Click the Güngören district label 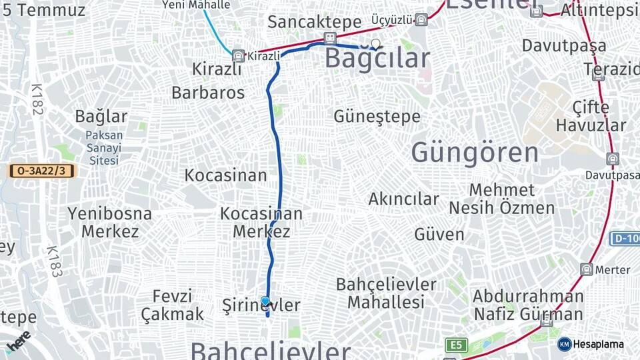pos(475,153)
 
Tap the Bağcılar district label pos(377,59)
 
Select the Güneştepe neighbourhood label pos(377,117)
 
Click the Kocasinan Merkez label pos(261,223)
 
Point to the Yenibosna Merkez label pos(110,223)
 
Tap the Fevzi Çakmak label pos(172,305)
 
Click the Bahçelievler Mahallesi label pos(386,293)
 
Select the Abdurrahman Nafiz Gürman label pos(528,305)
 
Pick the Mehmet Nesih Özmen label pos(501,199)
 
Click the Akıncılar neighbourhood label pos(404,199)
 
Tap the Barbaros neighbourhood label pos(208,93)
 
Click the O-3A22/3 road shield pos(41,171)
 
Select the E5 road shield pos(456,345)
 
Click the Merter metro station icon pos(587,269)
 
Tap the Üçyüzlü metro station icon pos(421,19)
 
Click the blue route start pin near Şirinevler pos(266,302)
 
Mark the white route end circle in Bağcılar pos(376,44)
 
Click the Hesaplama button pos(591,344)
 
